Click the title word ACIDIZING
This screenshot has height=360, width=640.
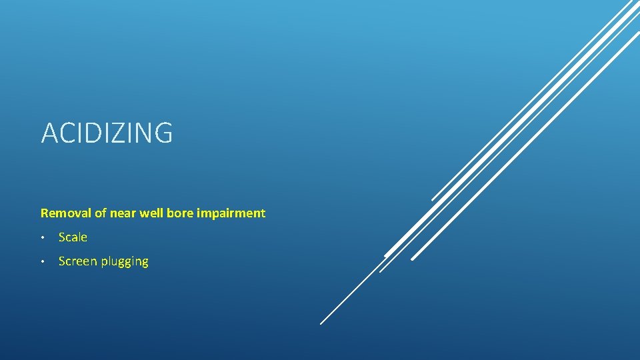(107, 133)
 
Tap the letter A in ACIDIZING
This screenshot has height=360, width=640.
(49, 133)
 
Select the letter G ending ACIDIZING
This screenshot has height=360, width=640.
(163, 133)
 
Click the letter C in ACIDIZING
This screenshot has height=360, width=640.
(66, 133)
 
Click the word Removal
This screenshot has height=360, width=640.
(63, 213)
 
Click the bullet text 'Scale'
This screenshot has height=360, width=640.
(73, 237)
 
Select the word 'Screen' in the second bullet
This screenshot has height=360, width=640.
(78, 261)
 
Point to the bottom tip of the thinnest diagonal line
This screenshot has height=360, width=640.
(321, 323)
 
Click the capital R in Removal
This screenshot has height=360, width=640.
(44, 213)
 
